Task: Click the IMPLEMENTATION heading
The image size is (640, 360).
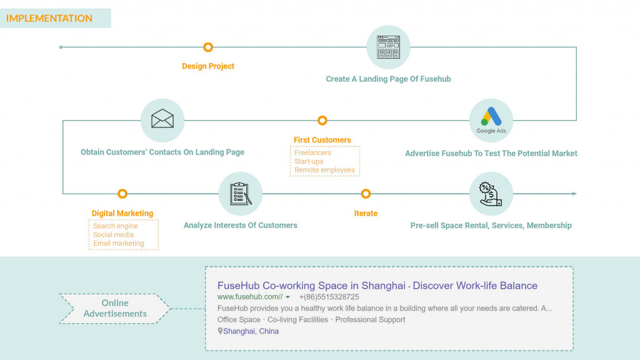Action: click(x=49, y=19)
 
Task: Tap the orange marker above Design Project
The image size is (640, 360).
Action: click(x=208, y=47)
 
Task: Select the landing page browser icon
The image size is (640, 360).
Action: click(x=388, y=47)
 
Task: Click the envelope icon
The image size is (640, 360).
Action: click(x=162, y=119)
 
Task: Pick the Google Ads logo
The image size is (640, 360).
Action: click(x=491, y=119)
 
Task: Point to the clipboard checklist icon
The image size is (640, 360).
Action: click(x=241, y=193)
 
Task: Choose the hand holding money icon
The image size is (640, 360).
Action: click(x=491, y=193)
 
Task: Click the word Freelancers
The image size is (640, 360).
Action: click(x=313, y=152)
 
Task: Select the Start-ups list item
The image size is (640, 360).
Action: click(x=309, y=161)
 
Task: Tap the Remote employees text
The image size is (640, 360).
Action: click(x=324, y=170)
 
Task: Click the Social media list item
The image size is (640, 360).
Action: click(x=113, y=235)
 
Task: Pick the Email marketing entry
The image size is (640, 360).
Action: click(x=119, y=244)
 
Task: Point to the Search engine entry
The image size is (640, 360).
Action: click(x=116, y=226)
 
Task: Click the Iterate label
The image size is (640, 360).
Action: click(x=366, y=213)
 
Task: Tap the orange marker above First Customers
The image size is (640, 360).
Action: click(x=322, y=121)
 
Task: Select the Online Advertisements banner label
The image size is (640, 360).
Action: click(x=115, y=308)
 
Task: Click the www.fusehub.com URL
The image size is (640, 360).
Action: click(x=249, y=297)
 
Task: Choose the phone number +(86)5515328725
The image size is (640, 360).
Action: click(x=329, y=297)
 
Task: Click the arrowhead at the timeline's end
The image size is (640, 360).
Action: click(x=574, y=194)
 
